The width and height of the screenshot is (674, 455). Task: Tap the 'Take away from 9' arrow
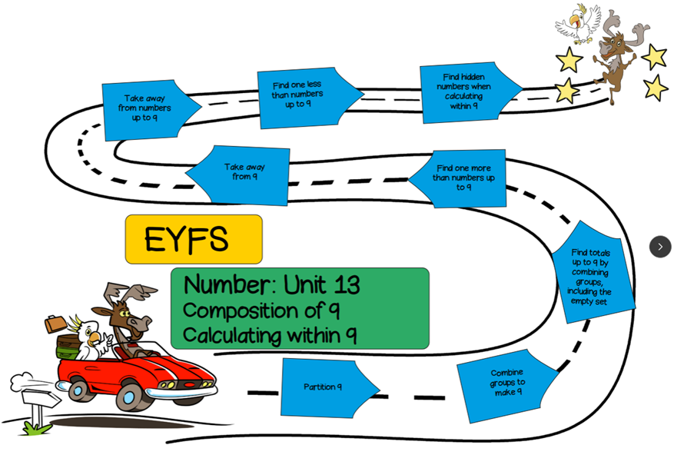point(241,174)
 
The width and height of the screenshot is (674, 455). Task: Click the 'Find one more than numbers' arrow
point(462,178)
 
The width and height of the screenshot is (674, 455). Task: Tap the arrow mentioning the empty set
point(592,274)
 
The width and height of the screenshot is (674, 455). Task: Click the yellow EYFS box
point(194,239)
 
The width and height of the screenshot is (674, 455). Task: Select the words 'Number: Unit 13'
point(271,285)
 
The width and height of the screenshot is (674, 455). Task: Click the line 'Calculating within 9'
point(269,336)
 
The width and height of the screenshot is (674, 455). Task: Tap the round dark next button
point(659,247)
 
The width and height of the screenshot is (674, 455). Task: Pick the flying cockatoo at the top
point(578,23)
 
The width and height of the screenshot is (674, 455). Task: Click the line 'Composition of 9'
point(261,311)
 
